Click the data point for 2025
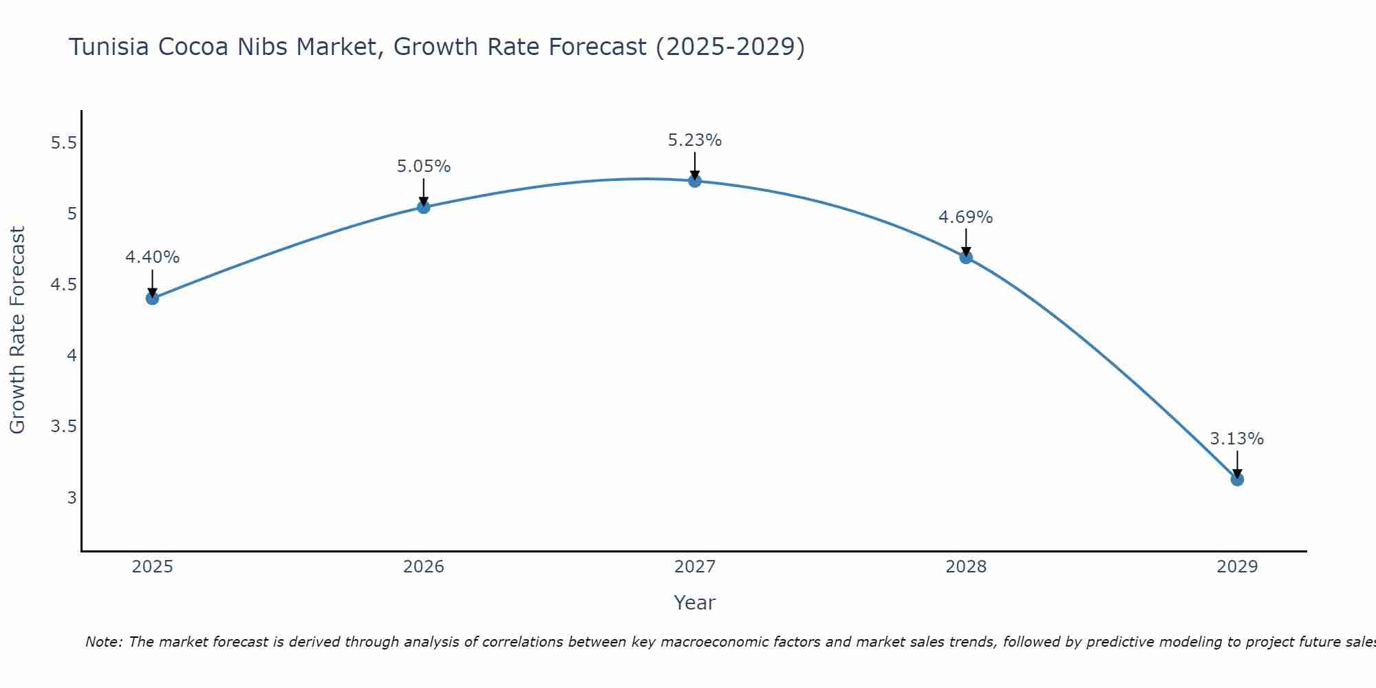(152, 298)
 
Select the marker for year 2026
(423, 206)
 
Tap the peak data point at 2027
(694, 181)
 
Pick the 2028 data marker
(965, 257)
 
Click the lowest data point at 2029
(1236, 479)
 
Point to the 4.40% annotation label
(152, 257)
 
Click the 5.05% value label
(423, 166)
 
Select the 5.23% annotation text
(694, 140)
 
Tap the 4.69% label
(965, 217)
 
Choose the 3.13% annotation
(1236, 439)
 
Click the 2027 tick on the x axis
(694, 567)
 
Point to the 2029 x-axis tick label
(1236, 567)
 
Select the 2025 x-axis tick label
(152, 567)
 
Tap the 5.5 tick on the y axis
(63, 143)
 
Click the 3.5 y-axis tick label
(63, 427)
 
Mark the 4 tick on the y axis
(72, 356)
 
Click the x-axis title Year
(694, 603)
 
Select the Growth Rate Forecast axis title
(17, 330)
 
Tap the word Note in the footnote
(103, 642)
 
